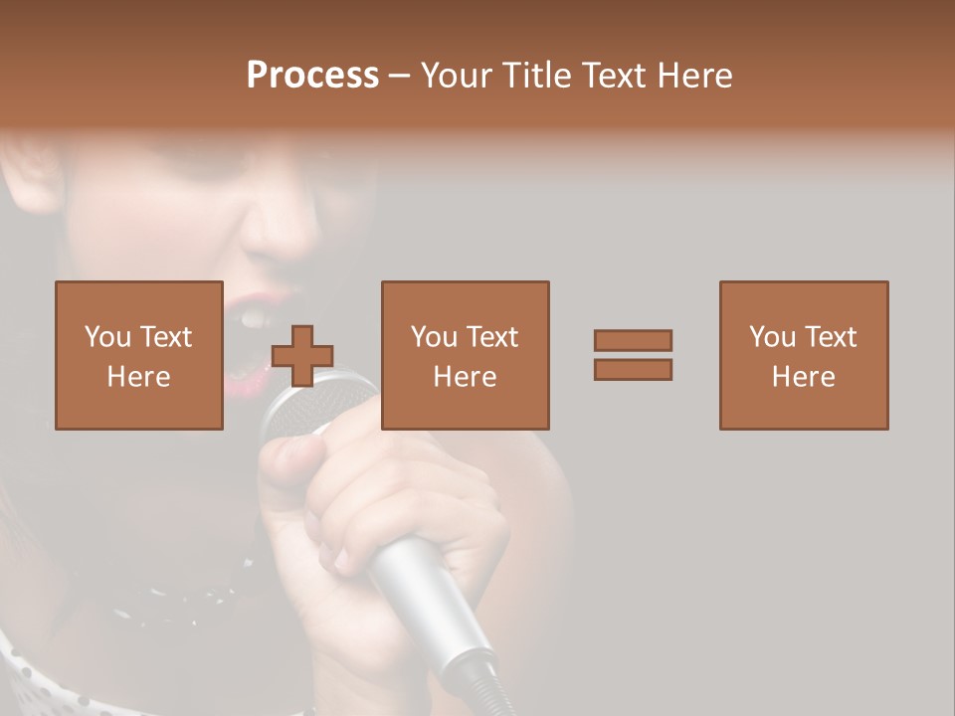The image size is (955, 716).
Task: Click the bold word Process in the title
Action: (x=312, y=76)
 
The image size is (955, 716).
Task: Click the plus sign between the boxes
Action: (x=302, y=356)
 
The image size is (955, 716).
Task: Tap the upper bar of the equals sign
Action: (x=633, y=340)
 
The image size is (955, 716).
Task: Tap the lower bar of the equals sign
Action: (x=633, y=370)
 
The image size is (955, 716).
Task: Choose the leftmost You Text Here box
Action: (x=139, y=355)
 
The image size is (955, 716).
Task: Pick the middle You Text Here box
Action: (x=466, y=355)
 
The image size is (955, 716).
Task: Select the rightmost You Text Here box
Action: (x=804, y=355)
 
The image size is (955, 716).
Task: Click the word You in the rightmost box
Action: (x=772, y=337)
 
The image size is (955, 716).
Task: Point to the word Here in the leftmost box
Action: (x=139, y=377)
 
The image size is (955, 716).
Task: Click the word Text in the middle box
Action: (x=491, y=337)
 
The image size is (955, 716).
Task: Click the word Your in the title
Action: (x=454, y=76)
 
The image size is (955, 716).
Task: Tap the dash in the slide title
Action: (x=400, y=77)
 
